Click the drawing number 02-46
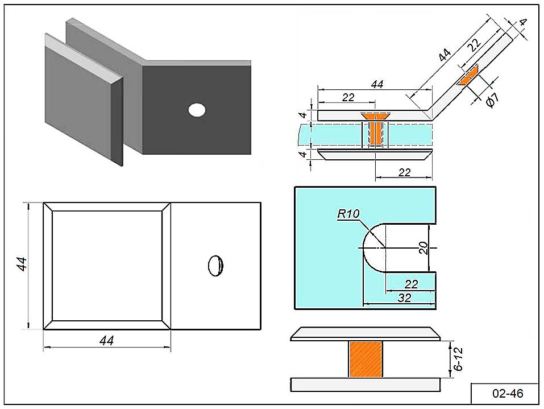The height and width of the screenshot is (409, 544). (x=504, y=393)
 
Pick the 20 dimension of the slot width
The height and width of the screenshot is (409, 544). (x=423, y=247)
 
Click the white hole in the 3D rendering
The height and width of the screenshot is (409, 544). (x=197, y=110)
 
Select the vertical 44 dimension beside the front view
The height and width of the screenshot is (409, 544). (x=22, y=264)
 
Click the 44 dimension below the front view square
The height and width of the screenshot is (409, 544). (x=106, y=340)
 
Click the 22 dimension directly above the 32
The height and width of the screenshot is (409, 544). (x=410, y=283)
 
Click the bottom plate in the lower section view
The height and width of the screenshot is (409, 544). (x=365, y=385)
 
